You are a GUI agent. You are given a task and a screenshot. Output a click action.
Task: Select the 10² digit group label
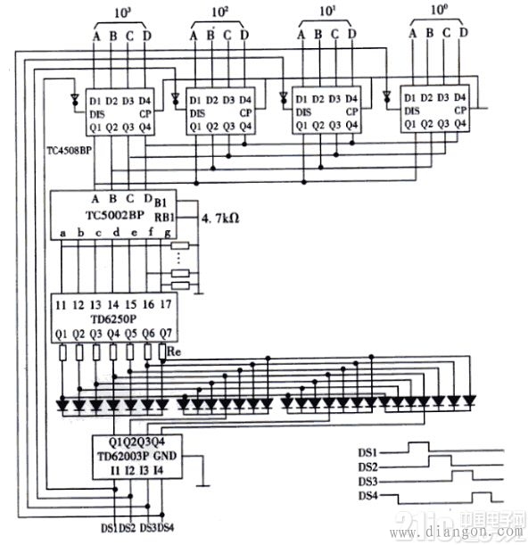pos(219,13)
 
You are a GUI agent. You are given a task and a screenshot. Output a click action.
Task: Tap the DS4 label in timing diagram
pos(368,496)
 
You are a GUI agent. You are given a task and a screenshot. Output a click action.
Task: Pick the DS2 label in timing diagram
pos(368,467)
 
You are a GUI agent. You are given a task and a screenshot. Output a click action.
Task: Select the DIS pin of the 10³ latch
pos(97,112)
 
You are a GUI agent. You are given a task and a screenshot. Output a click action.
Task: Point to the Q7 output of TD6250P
pos(165,334)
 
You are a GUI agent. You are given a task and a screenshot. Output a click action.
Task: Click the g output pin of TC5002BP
pos(166,233)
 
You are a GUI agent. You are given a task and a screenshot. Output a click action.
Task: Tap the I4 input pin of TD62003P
pos(158,469)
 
